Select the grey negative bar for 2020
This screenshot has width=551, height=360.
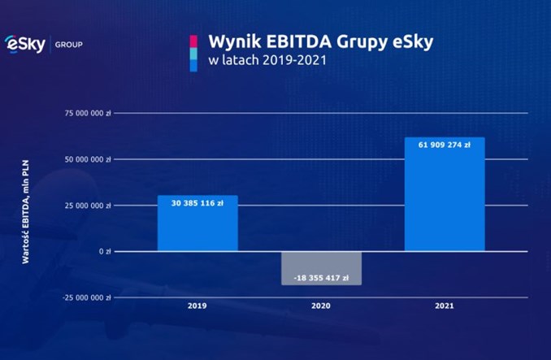(321, 268)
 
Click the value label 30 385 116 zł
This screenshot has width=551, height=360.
(197, 202)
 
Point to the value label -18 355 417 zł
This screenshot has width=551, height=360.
(321, 277)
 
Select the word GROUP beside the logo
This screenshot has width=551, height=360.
(68, 44)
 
